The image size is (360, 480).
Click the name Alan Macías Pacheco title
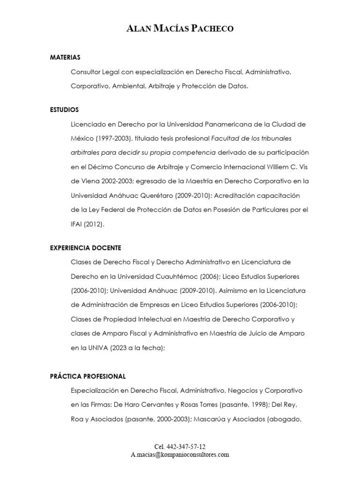pos(180,29)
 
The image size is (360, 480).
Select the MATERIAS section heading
pos(65,57)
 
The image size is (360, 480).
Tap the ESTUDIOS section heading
pos(64,110)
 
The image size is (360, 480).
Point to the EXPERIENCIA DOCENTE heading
pos(85,247)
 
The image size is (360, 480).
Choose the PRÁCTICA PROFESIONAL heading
pos(88,376)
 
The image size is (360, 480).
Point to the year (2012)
pos(96,224)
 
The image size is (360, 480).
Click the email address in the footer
pos(180,455)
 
